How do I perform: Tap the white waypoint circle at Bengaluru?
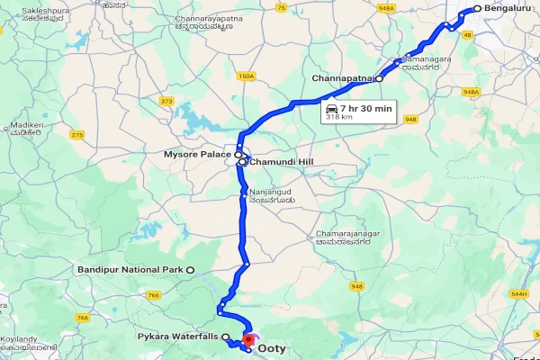[x=477, y=10]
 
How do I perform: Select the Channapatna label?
[x=342, y=78]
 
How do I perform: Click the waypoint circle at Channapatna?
[x=379, y=79]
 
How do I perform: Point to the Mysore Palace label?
[x=198, y=155]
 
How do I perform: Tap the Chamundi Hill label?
[x=283, y=162]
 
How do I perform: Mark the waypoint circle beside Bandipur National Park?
[x=190, y=270]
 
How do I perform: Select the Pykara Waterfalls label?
[x=178, y=337]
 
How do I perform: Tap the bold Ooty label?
[x=272, y=347]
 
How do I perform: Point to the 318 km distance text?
[x=338, y=117]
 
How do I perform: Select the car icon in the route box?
[x=331, y=107]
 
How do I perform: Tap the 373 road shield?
[x=166, y=101]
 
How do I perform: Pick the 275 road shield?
[x=76, y=135]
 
